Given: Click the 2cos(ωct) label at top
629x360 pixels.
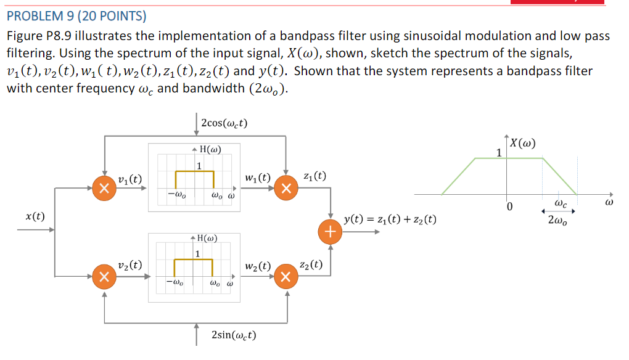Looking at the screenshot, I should tap(224, 122).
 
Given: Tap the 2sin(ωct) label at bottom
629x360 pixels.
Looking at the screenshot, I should tap(234, 335).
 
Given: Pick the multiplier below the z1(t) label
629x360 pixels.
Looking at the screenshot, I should tap(286, 188).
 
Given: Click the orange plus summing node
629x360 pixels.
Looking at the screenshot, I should tap(331, 232).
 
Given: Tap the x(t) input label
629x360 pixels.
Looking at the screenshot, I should tap(35, 216).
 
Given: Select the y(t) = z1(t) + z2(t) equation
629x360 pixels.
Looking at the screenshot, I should tap(390, 219).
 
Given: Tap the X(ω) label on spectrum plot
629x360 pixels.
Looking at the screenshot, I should tap(522, 144).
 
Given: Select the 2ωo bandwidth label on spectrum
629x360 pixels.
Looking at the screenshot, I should tap(559, 218).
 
